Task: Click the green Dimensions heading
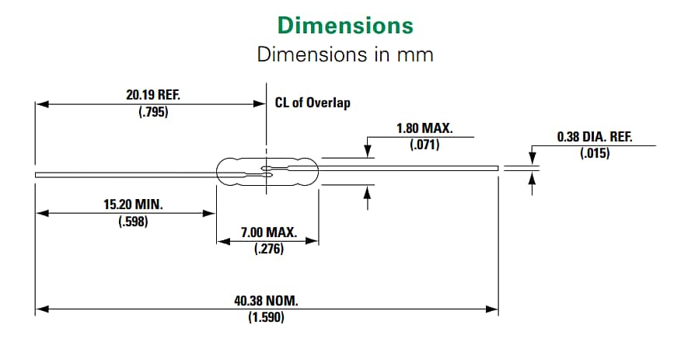pos(345,26)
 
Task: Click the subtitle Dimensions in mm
pos(345,54)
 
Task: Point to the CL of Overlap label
pos(313,103)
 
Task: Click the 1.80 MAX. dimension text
pos(424,128)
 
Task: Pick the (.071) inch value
pos(424,144)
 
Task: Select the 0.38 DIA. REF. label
pos(595,137)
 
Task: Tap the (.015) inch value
pos(595,153)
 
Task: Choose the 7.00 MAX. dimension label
pos(268,232)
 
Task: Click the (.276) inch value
pos(268,250)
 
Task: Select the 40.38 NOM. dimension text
pos(267,301)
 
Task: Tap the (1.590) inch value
pos(266,317)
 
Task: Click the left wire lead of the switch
pos(124,174)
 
